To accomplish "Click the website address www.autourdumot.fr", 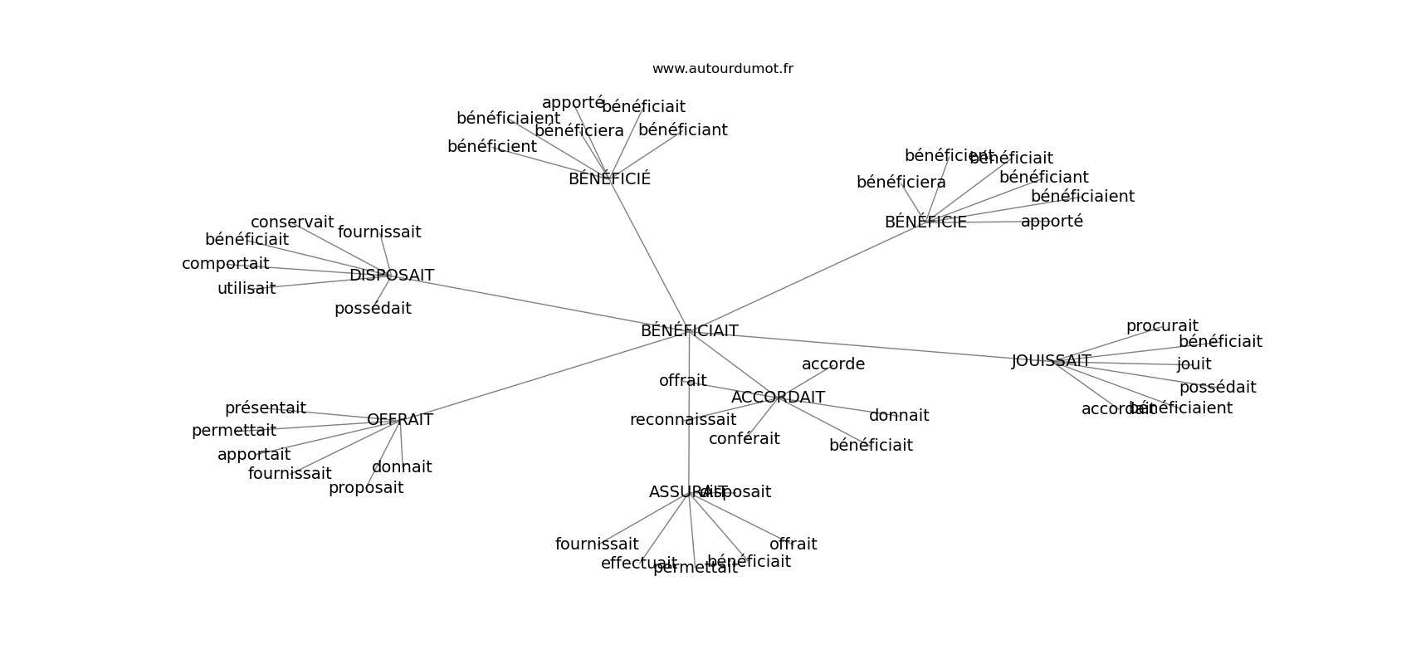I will pos(722,69).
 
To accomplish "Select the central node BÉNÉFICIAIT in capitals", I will pos(689,331).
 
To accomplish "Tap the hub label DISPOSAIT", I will pos(391,276).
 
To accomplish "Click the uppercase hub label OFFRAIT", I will pos(399,420).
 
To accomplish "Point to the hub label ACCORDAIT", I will pos(778,398).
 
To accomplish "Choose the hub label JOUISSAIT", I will pos(1051,361).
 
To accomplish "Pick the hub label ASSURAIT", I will pos(676,492).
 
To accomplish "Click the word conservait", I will pos(292,222).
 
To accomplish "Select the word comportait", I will pos(225,264).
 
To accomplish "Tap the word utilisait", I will pos(247,289).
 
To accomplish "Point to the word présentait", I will pos(265,408).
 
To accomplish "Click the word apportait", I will pos(254,455).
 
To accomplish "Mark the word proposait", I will pos(366,488).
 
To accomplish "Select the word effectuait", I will pos(638,564).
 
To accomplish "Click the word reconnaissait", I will pos(682,420).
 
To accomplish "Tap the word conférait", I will pos(744,439).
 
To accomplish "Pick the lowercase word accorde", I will pos(832,364).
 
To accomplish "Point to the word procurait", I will pos(1162,327).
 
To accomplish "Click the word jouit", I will pos(1194,364).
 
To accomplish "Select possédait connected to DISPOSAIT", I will pos(373,309).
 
